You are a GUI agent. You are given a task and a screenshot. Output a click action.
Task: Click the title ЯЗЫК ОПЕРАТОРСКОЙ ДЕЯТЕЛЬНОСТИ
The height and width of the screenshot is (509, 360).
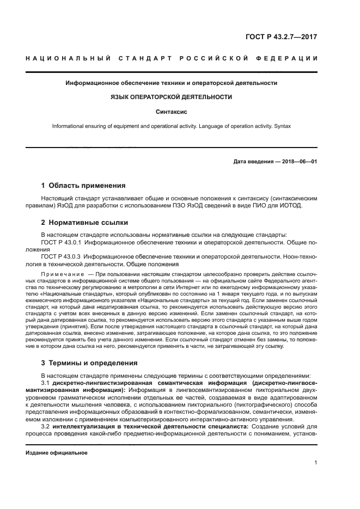pos(171,97)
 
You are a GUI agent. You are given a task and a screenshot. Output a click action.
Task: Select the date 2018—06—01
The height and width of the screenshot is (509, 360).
pos(298,162)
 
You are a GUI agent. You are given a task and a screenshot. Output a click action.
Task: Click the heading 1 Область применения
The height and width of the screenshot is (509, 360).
pos(83,185)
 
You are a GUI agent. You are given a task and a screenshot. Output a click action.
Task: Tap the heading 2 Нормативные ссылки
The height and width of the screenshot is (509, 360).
pos(84,222)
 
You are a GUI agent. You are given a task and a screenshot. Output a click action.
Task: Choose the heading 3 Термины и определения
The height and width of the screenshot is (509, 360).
pos(89,363)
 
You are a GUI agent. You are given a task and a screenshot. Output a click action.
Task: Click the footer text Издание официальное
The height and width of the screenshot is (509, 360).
pos(57,452)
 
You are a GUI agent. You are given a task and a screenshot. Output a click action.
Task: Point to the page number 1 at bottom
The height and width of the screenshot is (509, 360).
pos(315,463)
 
